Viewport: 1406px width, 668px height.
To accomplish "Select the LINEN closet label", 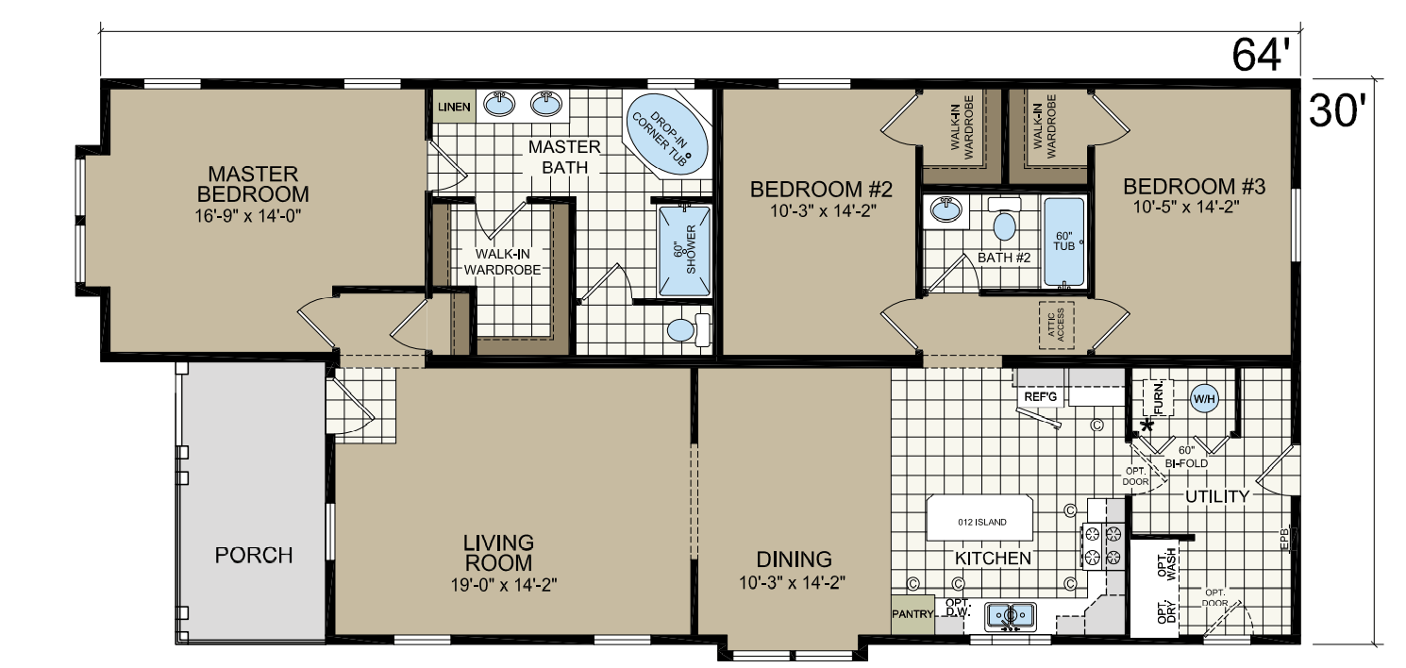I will tap(454, 107).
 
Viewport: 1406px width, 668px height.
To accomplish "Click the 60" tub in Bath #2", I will tap(1063, 242).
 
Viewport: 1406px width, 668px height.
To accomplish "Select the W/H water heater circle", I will tap(1204, 398).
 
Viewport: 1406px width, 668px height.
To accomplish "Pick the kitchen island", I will tap(980, 521).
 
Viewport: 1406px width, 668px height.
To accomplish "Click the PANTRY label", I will tap(912, 614).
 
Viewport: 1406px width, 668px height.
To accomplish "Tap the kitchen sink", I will tap(1010, 617).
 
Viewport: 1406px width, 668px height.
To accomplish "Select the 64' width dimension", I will tap(1261, 57).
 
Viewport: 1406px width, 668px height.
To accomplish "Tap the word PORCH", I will tap(254, 555).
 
